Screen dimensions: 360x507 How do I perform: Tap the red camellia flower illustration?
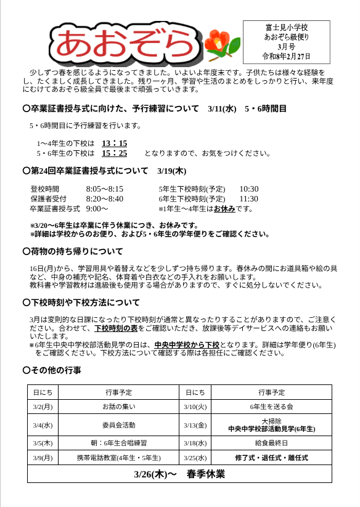point(219,44)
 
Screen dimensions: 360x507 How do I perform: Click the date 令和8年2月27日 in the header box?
point(286,56)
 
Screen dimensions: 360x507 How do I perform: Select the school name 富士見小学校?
point(286,28)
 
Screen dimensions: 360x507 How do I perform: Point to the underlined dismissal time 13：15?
point(114,144)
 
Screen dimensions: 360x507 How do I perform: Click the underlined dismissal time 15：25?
point(114,153)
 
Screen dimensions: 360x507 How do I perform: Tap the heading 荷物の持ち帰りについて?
point(76,251)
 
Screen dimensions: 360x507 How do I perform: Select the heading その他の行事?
point(55,370)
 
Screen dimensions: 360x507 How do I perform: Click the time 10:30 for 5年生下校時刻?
point(248,189)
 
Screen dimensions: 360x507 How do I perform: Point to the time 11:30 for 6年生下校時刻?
point(248,199)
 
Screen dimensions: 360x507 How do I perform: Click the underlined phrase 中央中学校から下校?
point(187,345)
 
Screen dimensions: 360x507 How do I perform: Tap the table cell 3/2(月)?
point(43,407)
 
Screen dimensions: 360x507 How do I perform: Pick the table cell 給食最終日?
point(271,443)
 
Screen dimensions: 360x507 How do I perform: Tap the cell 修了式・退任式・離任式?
point(271,458)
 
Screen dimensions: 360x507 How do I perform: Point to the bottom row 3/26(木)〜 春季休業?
point(179,474)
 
